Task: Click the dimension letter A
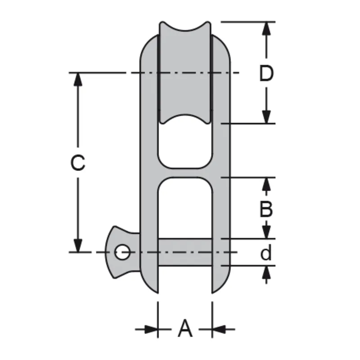coord(185,328)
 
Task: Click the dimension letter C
coord(78,163)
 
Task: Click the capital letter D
coord(266,74)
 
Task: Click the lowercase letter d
coord(266,253)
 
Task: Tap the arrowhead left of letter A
coord(151,329)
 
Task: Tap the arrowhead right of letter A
coord(219,329)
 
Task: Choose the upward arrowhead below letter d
coord(267,273)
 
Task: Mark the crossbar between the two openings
coord(185,171)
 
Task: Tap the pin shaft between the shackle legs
coord(185,252)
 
